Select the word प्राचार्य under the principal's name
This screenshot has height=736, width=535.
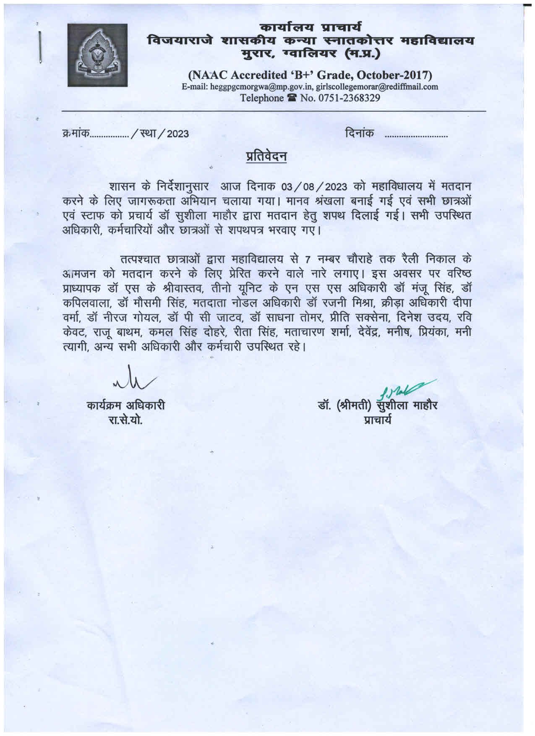(x=378, y=419)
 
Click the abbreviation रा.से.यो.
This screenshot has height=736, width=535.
(x=125, y=419)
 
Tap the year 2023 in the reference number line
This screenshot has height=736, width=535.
(x=178, y=134)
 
